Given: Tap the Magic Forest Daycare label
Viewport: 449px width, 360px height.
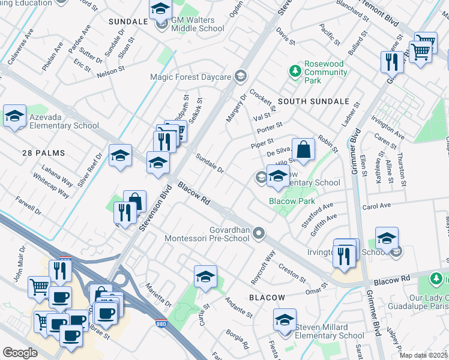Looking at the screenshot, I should click(190, 77).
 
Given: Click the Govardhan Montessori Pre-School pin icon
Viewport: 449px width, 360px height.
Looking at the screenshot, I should click(259, 233).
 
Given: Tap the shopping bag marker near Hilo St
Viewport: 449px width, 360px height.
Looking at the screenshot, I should click(304, 149).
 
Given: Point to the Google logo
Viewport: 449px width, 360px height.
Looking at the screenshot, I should click(20, 353).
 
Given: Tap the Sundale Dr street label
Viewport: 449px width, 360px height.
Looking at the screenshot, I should click(209, 164).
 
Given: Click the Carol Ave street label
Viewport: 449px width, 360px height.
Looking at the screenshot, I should click(376, 206).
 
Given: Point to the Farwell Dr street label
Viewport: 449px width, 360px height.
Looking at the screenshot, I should click(28, 205).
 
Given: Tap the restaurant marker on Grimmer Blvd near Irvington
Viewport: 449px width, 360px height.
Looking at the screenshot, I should click(344, 255).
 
